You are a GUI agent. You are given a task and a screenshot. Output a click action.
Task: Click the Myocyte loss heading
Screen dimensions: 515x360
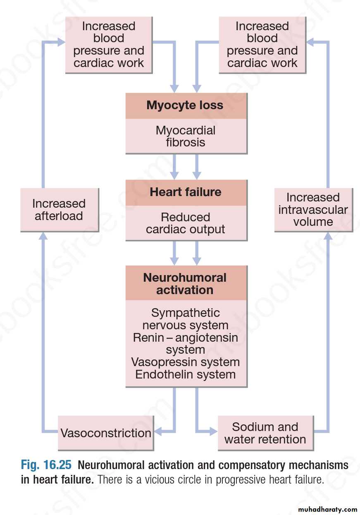[185, 105]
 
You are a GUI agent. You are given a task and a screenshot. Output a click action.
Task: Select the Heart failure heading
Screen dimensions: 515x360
[186, 192]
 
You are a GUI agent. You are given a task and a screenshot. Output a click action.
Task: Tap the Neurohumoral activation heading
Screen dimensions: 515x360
[185, 283]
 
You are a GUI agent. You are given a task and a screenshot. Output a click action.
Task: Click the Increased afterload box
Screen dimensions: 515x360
[59, 210]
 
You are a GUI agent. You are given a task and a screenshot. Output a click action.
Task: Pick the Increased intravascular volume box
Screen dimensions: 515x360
[313, 209]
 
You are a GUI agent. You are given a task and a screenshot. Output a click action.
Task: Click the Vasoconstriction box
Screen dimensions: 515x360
[106, 433]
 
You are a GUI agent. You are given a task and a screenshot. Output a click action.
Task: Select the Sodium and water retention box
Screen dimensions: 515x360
[265, 433]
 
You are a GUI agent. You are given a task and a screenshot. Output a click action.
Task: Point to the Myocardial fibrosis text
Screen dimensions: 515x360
[186, 137]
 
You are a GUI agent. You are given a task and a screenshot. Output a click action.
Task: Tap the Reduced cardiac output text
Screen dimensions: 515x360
[186, 223]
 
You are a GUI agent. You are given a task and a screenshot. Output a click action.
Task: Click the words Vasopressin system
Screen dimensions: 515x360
[186, 362]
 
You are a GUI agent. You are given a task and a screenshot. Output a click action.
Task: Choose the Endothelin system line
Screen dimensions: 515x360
[186, 375]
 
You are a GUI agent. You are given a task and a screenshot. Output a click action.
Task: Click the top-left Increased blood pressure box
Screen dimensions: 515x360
[109, 45]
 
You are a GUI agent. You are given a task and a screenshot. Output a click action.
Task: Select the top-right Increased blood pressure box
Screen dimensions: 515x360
[262, 45]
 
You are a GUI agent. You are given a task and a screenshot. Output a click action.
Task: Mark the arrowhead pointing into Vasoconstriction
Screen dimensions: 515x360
[158, 432]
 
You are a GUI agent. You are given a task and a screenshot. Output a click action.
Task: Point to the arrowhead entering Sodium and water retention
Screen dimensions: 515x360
[213, 432]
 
